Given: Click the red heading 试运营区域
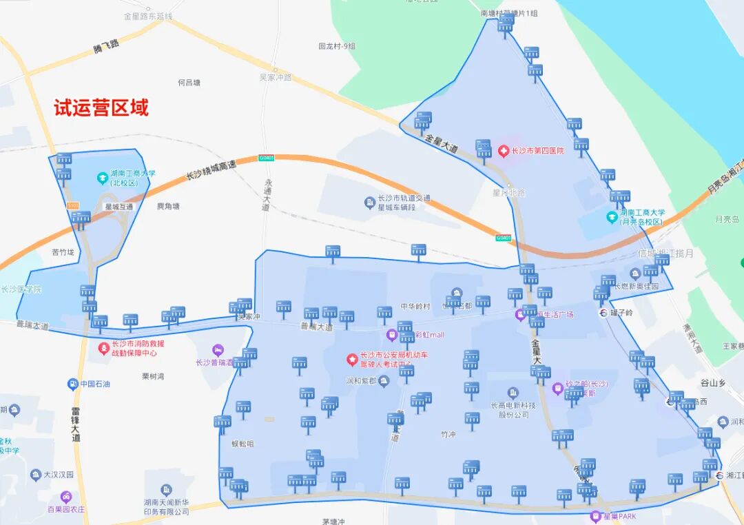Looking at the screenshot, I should click(101, 108).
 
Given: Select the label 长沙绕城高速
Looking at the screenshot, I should click(211, 169).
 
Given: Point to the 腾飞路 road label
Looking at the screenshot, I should click(105, 46).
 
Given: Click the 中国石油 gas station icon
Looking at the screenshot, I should click(72, 384).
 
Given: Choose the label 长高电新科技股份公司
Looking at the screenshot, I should click(510, 410).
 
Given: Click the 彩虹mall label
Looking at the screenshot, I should click(430, 335).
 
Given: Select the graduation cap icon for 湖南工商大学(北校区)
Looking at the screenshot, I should click(102, 178).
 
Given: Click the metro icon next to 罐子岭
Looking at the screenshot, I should click(604, 312).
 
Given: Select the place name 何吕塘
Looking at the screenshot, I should click(189, 83).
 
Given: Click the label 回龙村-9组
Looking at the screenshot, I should click(337, 46).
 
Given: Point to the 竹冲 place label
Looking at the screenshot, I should click(448, 435).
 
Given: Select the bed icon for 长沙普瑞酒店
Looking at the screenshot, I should click(218, 350).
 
